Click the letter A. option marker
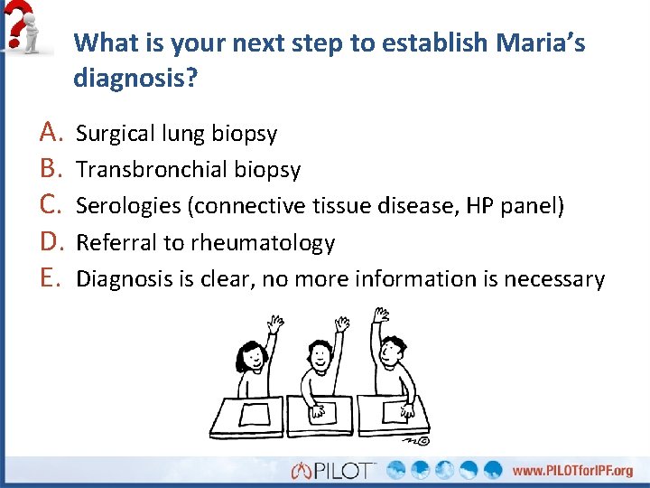[x=50, y=134]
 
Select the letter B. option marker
[x=50, y=170]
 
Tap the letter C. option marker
[x=50, y=206]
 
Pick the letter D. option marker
[x=50, y=242]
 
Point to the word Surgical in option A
[x=115, y=135]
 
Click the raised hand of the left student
[x=274, y=323]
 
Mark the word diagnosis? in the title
[x=135, y=79]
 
